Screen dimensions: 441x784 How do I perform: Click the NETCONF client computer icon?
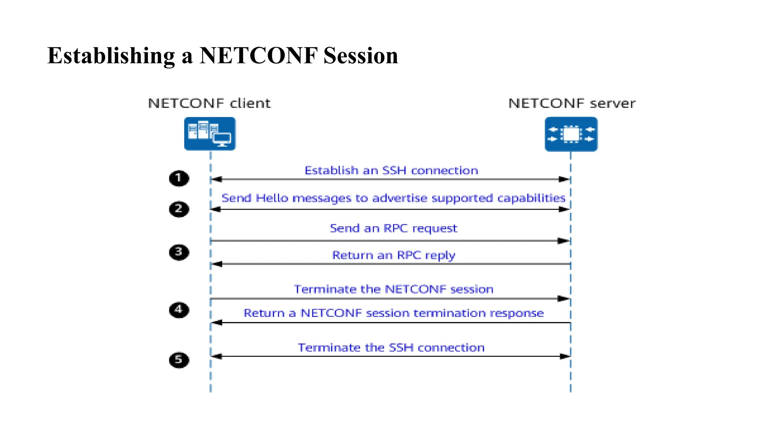click(210, 134)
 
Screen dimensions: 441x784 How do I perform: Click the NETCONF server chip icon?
click(571, 134)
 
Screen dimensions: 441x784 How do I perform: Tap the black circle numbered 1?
click(179, 178)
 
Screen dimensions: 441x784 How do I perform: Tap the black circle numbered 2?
click(179, 209)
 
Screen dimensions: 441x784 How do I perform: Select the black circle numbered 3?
click(179, 252)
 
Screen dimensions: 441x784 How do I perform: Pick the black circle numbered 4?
click(179, 309)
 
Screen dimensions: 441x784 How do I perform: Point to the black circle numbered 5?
click(179, 360)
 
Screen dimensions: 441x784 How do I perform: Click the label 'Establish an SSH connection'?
click(391, 170)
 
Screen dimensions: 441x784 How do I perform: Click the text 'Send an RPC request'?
click(393, 229)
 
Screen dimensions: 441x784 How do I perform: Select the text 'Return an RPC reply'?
click(394, 255)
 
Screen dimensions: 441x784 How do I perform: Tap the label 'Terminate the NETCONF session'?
click(394, 289)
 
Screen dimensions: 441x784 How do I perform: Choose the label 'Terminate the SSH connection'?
click(391, 348)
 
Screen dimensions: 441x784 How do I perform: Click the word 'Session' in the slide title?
click(361, 56)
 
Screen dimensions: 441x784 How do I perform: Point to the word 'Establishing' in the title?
click(111, 56)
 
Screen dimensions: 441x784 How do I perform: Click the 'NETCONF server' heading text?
click(572, 103)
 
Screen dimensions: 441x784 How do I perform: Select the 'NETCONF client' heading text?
click(209, 103)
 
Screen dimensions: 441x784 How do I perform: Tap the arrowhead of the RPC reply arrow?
click(217, 264)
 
